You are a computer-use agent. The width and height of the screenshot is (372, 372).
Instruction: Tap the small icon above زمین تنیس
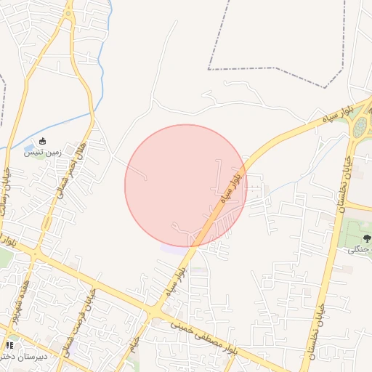click(43, 141)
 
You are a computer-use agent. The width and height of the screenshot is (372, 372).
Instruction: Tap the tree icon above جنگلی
click(365, 238)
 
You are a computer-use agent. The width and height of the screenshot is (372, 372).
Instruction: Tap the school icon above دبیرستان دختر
click(10, 346)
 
